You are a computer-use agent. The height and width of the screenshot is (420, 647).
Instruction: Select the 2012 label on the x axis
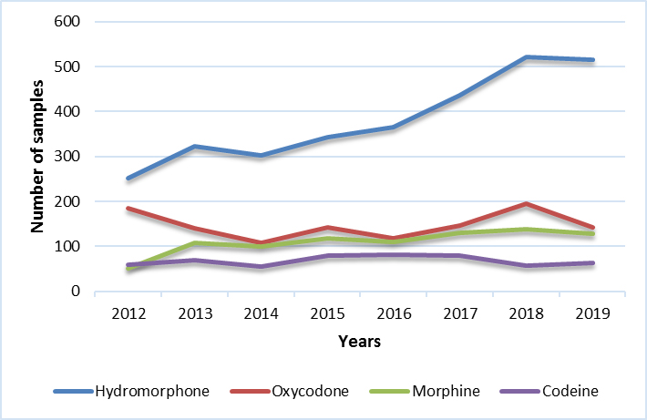(128, 314)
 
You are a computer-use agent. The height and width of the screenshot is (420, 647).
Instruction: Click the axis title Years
(361, 342)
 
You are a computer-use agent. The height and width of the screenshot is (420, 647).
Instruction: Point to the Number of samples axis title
(39, 158)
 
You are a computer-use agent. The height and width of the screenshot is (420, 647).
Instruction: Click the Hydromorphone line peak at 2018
(527, 57)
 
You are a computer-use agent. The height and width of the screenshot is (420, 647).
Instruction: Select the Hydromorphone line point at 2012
(128, 179)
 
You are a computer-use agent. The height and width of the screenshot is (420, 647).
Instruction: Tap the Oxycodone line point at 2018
(527, 204)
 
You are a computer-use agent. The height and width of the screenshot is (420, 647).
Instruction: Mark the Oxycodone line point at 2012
(128, 209)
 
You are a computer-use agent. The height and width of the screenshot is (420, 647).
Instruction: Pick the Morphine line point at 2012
(128, 270)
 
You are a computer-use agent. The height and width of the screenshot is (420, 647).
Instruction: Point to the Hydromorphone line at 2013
(195, 147)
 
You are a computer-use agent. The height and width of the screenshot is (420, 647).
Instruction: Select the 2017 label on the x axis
(461, 314)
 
